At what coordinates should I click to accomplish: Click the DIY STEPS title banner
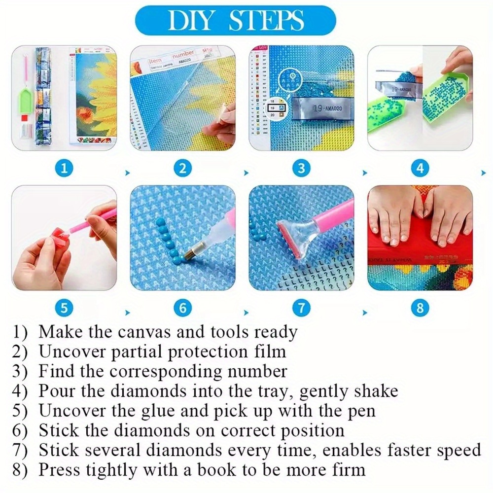(235, 20)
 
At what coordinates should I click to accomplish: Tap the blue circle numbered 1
(64, 169)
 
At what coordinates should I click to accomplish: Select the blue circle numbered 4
(420, 169)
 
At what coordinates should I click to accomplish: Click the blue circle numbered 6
(182, 309)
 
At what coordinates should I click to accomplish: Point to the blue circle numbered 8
(420, 309)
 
